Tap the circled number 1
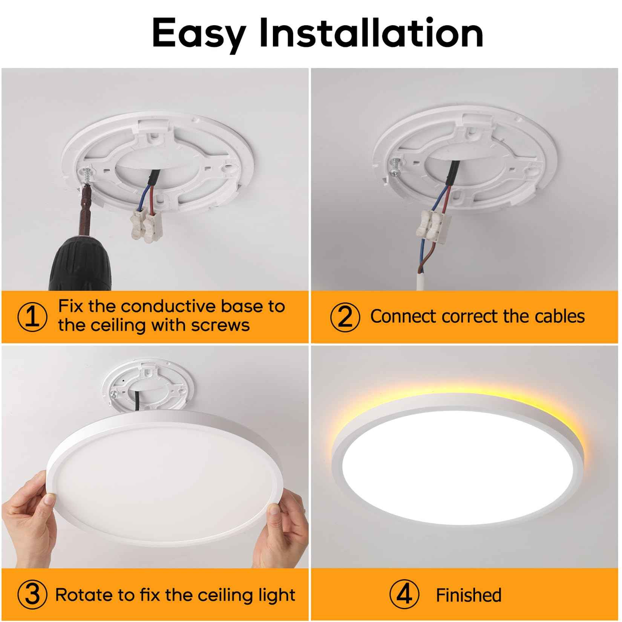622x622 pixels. tap(32, 317)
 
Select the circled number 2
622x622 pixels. tap(345, 317)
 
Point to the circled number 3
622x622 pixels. tap(32, 595)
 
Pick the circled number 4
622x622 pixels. tap(404, 595)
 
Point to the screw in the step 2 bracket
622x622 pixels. tap(394, 168)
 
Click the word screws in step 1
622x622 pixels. tap(220, 325)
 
